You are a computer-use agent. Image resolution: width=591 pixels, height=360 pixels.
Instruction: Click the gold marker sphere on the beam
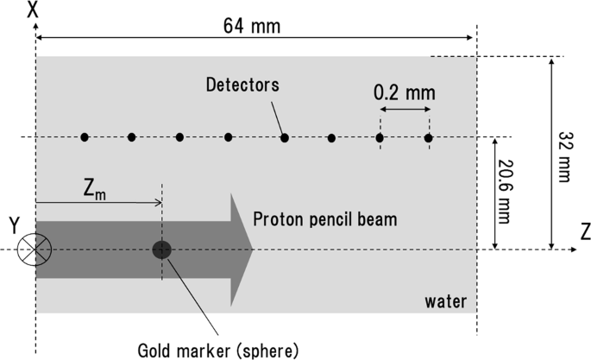(161, 250)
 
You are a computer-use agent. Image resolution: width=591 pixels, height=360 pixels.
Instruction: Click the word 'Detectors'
(244, 85)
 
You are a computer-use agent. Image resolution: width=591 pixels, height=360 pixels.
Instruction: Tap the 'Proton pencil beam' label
(325, 219)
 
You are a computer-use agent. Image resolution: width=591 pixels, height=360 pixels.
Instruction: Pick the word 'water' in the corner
(445, 301)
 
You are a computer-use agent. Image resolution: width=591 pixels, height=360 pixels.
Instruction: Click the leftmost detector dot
(85, 137)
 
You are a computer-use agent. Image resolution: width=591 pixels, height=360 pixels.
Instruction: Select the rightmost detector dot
(429, 137)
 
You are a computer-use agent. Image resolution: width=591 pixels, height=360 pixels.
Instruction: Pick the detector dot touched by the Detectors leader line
(284, 137)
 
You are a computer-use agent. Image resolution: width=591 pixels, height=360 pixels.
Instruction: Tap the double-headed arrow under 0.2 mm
(404, 112)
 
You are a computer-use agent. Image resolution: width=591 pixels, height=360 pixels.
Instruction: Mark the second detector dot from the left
(131, 137)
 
